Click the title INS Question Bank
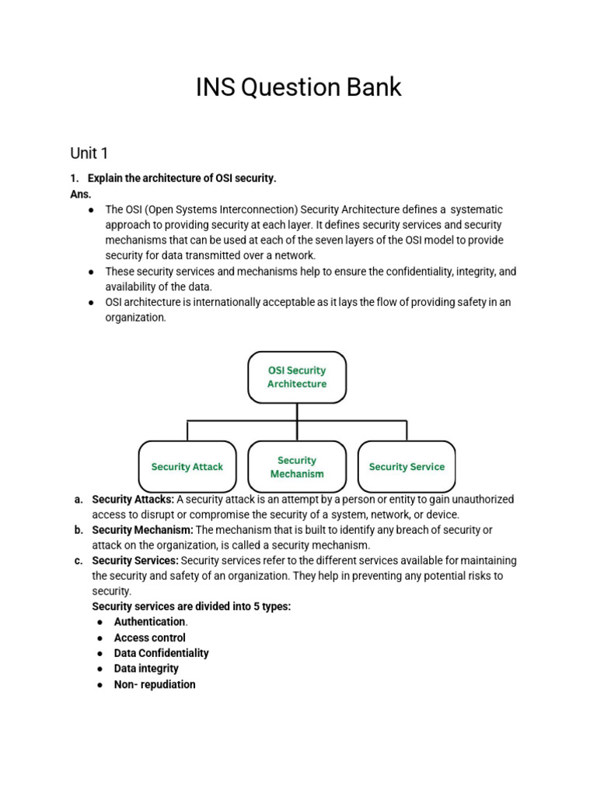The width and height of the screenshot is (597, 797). [298, 87]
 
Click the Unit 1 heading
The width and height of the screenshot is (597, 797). [89, 153]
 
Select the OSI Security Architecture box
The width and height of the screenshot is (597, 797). [297, 377]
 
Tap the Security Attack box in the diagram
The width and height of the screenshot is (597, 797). [187, 467]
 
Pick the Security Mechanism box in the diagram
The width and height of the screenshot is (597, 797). [297, 467]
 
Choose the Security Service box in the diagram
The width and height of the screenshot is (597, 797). [407, 467]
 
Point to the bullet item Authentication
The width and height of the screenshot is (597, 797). [150, 622]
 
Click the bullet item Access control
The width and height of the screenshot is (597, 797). [150, 637]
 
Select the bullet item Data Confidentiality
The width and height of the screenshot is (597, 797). [161, 653]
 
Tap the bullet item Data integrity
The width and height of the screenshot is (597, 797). [146, 669]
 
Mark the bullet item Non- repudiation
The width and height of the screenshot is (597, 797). [155, 685]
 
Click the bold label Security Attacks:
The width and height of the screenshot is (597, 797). [133, 499]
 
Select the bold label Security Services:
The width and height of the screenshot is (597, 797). [135, 560]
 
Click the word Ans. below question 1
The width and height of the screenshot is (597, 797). [81, 194]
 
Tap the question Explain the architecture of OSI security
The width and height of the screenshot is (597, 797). [182, 178]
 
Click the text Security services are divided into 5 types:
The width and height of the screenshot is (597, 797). [191, 606]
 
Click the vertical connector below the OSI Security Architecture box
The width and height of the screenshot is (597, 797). [297, 412]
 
